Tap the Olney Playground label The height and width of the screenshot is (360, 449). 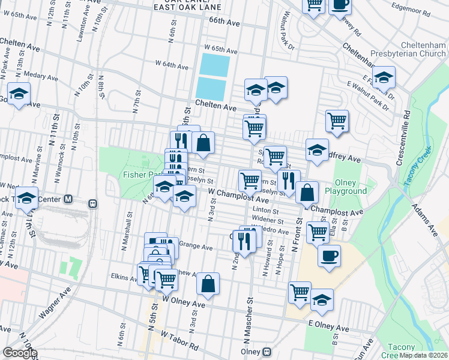(346, 187)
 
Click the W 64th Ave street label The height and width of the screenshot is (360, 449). (172, 63)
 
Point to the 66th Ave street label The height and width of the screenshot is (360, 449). (224, 21)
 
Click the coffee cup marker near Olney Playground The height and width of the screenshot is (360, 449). (329, 256)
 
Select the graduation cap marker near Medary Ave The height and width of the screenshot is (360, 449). (19, 94)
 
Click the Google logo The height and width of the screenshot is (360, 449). (20, 353)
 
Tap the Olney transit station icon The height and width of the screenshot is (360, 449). (267, 352)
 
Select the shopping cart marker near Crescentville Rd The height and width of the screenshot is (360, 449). (337, 121)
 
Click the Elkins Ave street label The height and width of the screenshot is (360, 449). (125, 277)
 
